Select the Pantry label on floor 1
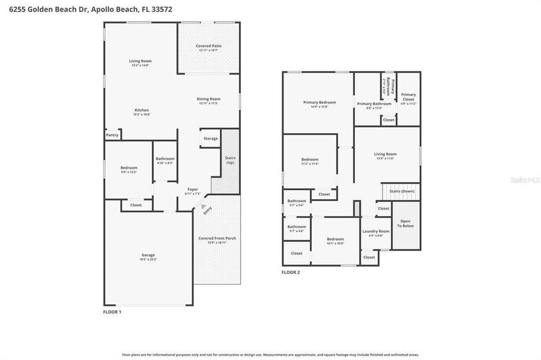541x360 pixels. [112, 135]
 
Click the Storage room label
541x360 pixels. [210, 139]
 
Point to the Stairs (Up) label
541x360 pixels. [230, 160]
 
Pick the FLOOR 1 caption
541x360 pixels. [112, 312]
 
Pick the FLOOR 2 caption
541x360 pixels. [291, 272]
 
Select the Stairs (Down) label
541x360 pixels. [400, 191]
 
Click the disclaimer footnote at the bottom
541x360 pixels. [270, 355]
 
